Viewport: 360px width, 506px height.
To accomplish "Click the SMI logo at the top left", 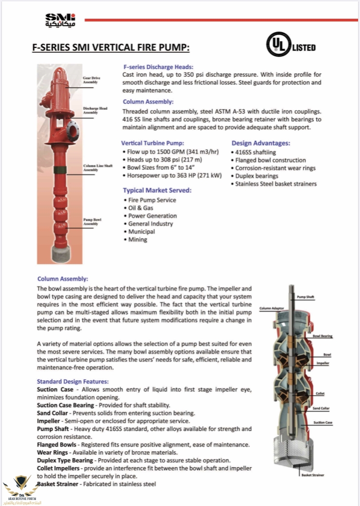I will click(x=60, y=20).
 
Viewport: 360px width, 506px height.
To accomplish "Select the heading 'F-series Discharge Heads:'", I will click(x=158, y=67).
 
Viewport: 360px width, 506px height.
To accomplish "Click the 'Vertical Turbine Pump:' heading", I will click(x=153, y=143).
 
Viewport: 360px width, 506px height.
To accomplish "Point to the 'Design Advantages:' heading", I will click(x=261, y=143).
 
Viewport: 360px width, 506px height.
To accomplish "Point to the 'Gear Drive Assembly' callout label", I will click(x=91, y=80).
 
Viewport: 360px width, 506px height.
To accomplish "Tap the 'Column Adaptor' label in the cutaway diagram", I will click(x=272, y=308).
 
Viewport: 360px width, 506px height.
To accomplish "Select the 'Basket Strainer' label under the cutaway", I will click(x=312, y=475).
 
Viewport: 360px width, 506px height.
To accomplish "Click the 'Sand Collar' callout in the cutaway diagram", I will click(x=321, y=408).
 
